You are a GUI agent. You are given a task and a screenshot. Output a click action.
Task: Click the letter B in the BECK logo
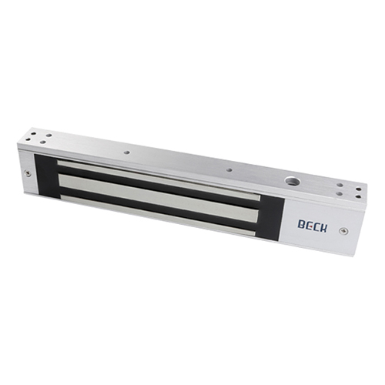click(x=302, y=224)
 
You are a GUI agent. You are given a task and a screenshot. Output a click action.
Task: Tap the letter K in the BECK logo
click(x=324, y=228)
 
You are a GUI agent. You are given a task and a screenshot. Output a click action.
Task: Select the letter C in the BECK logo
click(x=316, y=226)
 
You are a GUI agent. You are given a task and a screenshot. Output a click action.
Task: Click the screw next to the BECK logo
click(x=343, y=231)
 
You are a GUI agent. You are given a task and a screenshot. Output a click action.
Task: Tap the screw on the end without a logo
click(x=28, y=173)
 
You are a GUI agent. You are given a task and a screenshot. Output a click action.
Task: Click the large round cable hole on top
click(x=293, y=182)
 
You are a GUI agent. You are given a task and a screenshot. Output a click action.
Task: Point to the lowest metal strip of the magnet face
click(x=158, y=214)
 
